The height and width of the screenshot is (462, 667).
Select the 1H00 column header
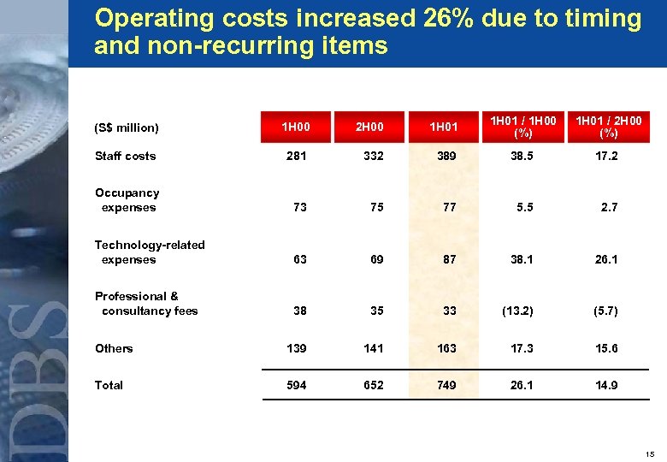point(294,127)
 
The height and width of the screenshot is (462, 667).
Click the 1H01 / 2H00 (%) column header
point(609,127)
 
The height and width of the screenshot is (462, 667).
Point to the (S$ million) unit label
point(126,127)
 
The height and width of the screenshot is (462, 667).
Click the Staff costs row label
point(125,156)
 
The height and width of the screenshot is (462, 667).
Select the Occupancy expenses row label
point(127,200)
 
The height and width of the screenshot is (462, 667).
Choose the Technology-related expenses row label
point(150,252)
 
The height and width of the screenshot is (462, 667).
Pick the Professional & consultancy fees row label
point(146,304)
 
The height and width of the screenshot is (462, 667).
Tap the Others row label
point(114,348)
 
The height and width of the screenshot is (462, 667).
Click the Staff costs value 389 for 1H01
point(445,156)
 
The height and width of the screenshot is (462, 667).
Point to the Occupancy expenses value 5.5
point(525,207)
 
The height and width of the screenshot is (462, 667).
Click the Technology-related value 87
point(448,259)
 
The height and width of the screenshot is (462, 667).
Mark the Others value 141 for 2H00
point(372,348)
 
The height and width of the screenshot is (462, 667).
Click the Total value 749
point(445,385)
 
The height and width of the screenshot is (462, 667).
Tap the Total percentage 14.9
point(605,385)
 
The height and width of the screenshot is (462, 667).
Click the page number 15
point(650,453)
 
